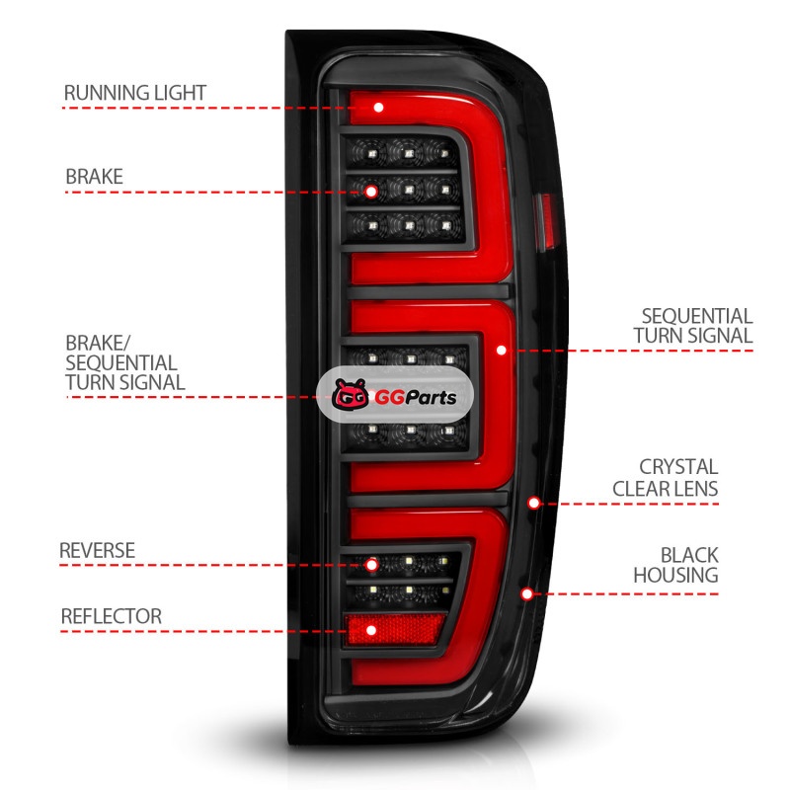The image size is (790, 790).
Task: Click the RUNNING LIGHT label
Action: click(134, 93)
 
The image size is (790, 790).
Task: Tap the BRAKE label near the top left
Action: click(94, 177)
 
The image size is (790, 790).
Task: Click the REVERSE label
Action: click(97, 550)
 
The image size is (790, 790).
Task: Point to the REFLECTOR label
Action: click(111, 616)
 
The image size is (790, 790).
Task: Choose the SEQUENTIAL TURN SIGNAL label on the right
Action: click(696, 326)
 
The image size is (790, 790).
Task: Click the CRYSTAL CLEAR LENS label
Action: click(665, 477)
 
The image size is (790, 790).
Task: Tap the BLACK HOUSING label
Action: click(675, 565)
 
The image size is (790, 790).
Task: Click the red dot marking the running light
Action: click(377, 107)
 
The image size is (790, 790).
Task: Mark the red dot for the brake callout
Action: click(370, 191)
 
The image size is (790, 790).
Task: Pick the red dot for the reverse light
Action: click(371, 565)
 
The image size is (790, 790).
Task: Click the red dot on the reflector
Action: click(371, 629)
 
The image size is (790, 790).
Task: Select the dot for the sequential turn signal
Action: click(502, 350)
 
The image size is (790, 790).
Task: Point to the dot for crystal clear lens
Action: click(533, 503)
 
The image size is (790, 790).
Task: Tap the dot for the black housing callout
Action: click(527, 593)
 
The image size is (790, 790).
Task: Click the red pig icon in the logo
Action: click(350, 397)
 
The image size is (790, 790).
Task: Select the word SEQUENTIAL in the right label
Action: click(696, 316)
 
